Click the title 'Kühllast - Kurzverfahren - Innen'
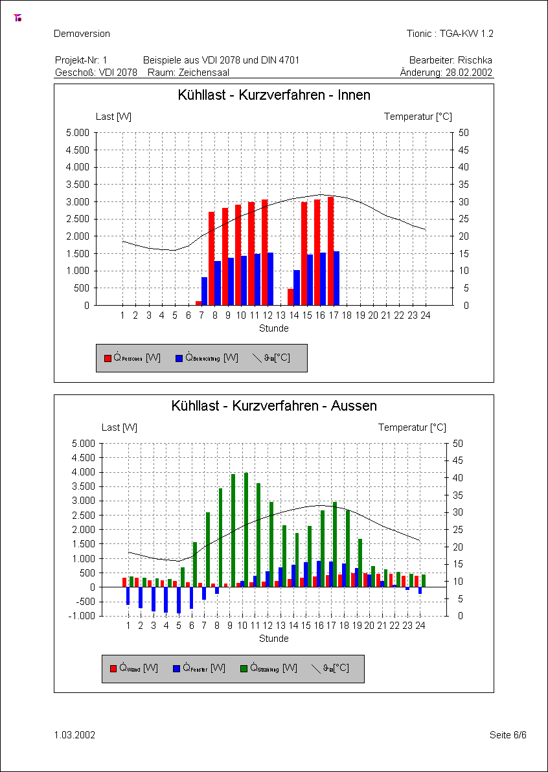pyautogui.click(x=274, y=95)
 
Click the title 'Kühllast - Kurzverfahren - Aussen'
pyautogui.click(x=274, y=406)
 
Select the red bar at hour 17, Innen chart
pyautogui.click(x=331, y=251)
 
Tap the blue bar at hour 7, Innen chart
pyautogui.click(x=205, y=291)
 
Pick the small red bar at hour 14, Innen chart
pyautogui.click(x=291, y=297)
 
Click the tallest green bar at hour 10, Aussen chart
pyautogui.click(x=246, y=530)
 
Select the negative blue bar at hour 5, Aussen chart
pyautogui.click(x=179, y=600)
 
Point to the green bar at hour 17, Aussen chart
pyautogui.click(x=335, y=544)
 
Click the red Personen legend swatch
pyautogui.click(x=108, y=358)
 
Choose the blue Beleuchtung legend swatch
pyautogui.click(x=179, y=358)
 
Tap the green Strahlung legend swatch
pyautogui.click(x=244, y=668)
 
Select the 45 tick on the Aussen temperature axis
pyautogui.click(x=457, y=460)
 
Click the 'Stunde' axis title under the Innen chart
pyautogui.click(x=274, y=328)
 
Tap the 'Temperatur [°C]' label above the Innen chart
pyautogui.click(x=418, y=117)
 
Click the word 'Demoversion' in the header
pyautogui.click(x=82, y=34)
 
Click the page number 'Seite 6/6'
pyautogui.click(x=508, y=735)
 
